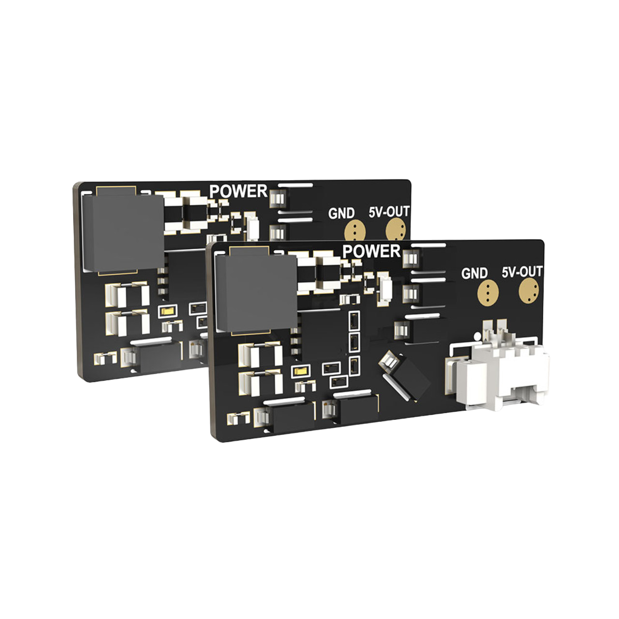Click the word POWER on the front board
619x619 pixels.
371,251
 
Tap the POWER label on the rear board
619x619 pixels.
238,191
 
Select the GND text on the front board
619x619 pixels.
474,273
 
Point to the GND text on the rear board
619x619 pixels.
341,213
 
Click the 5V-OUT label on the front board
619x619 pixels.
522,272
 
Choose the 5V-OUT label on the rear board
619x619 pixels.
389,212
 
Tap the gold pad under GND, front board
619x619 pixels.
488,292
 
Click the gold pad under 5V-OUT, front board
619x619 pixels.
529,290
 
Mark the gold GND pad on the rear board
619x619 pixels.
355,231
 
